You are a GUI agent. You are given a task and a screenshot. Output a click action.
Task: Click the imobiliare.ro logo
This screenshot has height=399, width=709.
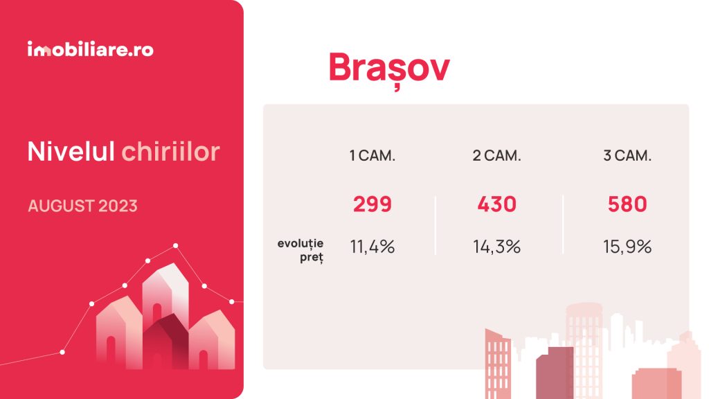coord(91,49)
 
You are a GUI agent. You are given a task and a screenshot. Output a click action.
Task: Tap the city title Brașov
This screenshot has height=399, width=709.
coord(389,69)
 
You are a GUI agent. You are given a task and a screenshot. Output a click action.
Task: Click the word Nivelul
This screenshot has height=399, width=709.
coord(71,151)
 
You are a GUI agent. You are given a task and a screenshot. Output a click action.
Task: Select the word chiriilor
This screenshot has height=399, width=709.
coord(170,151)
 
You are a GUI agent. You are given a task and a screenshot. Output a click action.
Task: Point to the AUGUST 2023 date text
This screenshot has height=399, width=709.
coord(83,206)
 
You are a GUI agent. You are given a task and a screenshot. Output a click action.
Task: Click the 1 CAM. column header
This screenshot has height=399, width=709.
coord(372,156)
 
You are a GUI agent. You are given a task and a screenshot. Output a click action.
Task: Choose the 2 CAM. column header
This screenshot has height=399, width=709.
coord(496,156)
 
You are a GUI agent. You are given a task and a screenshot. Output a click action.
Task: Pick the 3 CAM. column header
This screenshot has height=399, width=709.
coord(627,156)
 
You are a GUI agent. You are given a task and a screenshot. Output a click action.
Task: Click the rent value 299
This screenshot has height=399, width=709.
coord(372,204)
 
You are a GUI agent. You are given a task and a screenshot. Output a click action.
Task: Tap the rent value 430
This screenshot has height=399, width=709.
coord(496,204)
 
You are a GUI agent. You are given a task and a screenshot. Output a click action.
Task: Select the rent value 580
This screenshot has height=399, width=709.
coord(627,204)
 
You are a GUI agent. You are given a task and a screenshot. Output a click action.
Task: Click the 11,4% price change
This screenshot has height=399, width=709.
coord(372,247)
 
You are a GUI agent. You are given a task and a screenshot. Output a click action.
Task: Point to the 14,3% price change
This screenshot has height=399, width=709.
coord(496,247)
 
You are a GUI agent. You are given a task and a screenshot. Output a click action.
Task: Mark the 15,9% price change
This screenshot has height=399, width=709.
coord(627,247)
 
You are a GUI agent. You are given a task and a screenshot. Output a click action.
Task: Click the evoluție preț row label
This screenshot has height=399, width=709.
coord(300,250)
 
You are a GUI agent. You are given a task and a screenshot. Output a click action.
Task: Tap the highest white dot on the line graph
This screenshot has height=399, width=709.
coord(175,246)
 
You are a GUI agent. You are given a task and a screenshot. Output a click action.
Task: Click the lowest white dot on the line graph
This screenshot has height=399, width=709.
coord(62,352)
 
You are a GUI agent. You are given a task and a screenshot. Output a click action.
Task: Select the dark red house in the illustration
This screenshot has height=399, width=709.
coord(165,342)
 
